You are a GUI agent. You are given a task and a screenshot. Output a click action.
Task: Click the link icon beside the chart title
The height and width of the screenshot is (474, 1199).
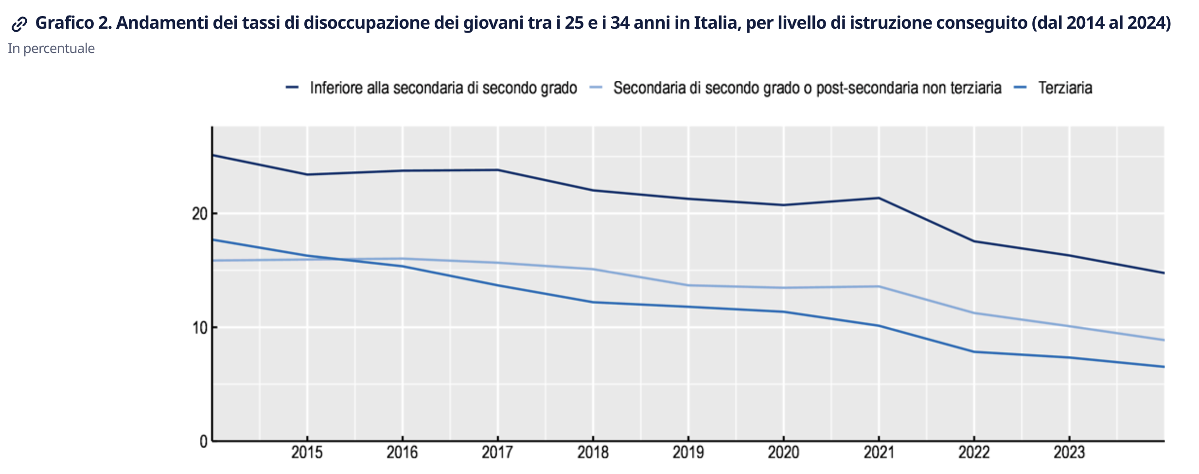tap(19, 24)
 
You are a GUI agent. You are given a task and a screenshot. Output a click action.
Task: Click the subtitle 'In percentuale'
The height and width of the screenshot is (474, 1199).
tap(51, 49)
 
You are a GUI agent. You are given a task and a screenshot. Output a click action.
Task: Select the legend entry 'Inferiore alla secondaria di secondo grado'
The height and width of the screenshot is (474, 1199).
tap(443, 88)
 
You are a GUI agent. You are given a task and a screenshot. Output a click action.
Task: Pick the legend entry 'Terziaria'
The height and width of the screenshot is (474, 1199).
tap(1065, 88)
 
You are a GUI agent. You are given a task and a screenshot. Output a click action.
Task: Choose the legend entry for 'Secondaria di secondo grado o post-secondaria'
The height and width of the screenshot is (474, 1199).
tap(807, 88)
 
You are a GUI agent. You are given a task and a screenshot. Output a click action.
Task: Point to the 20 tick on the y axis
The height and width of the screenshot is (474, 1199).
tap(200, 214)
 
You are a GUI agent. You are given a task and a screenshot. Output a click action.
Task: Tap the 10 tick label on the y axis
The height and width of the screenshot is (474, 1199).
tap(200, 328)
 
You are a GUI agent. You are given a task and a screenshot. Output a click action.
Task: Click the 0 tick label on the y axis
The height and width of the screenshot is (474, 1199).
tap(204, 441)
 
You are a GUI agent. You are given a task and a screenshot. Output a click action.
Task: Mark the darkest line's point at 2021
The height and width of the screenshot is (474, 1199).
tap(879, 198)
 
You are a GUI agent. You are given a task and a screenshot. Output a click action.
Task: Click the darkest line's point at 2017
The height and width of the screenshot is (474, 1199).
tap(497, 170)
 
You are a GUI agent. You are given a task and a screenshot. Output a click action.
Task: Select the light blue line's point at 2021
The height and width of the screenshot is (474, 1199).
tap(879, 286)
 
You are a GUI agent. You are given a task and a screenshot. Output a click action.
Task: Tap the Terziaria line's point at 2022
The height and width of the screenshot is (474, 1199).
tap(974, 352)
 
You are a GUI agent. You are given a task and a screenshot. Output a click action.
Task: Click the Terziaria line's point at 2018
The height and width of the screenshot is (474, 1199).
tap(593, 302)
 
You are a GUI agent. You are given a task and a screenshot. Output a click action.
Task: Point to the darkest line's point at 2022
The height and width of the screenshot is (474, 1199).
tap(974, 241)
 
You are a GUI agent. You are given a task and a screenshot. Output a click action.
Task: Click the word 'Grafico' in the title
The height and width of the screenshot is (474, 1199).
tap(65, 23)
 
